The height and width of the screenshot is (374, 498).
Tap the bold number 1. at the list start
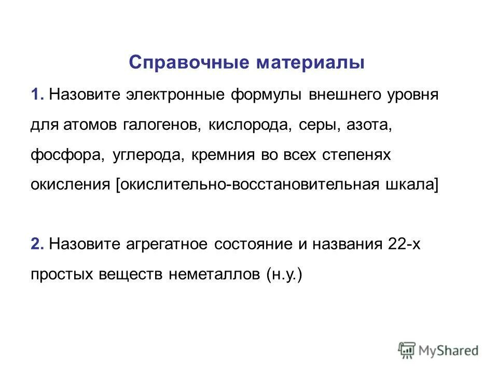point(38,96)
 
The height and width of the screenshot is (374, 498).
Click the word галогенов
point(163,125)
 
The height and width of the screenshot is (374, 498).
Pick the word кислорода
point(252,125)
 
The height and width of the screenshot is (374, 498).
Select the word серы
point(316,125)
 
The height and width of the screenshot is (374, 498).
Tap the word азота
point(367,125)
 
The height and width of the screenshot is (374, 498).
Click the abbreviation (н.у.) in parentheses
point(284,274)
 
